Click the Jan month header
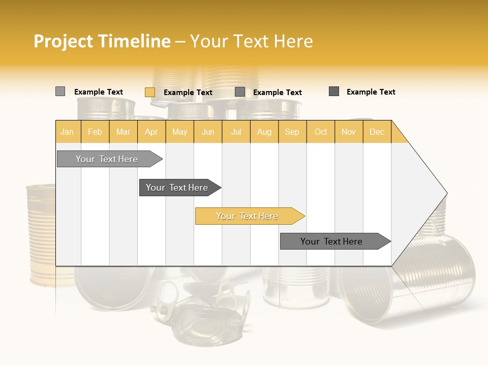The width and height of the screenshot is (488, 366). coord(68,132)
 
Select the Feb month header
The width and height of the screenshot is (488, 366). coord(95,132)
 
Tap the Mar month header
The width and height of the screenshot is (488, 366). coord(123,132)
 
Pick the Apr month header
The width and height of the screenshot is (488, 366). coord(151,132)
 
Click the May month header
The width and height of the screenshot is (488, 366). coord(179,132)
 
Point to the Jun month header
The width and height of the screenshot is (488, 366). coord(208,132)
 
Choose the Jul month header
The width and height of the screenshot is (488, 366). coord(236,132)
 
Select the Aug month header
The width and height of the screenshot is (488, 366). coord(264,132)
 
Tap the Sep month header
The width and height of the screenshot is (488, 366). coord(292,132)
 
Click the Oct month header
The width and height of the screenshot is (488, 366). coord(321,132)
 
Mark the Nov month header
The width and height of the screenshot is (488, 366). coord(349,132)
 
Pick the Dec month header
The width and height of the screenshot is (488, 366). coord(377,132)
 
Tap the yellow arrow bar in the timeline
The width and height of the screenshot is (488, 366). coord(248,216)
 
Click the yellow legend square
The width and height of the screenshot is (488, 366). coord(149,92)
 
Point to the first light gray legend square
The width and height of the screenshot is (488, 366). coord(60,91)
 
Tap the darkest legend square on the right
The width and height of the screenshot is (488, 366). coord(334,91)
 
